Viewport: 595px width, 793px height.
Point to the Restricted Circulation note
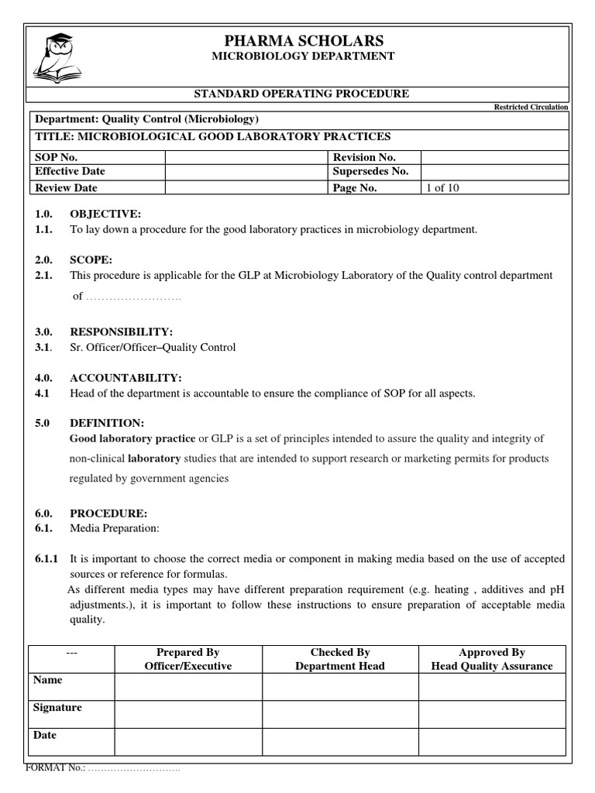tap(531, 107)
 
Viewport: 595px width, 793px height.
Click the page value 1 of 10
tap(442, 187)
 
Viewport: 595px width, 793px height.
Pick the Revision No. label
tap(364, 157)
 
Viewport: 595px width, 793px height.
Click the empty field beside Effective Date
tap(247, 172)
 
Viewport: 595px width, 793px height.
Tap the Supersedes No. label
tap(370, 172)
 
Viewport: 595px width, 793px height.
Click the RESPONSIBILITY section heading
tap(126, 331)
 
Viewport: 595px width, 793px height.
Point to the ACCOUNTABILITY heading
tap(126, 378)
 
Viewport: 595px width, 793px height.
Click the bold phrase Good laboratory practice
tap(132, 439)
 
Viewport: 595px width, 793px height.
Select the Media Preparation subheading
tap(114, 528)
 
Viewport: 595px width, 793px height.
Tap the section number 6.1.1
tap(46, 558)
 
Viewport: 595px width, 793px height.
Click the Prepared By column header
tap(188, 653)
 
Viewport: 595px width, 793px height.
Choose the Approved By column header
tap(492, 653)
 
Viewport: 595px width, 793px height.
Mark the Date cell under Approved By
tap(492, 741)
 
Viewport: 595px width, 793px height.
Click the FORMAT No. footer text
tap(103, 770)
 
